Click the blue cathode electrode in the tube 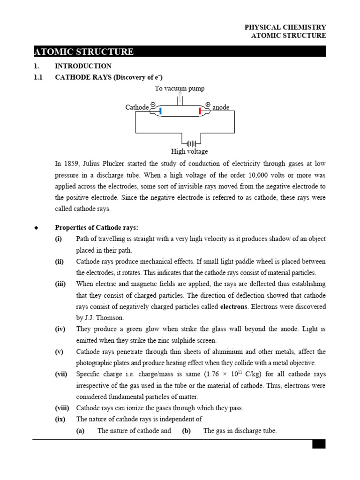pyautogui.click(x=160, y=111)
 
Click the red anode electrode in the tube pyautogui.click(x=200, y=111)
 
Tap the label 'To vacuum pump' pyautogui.click(x=180, y=89)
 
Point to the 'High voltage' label pyautogui.click(x=189, y=151)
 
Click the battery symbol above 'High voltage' pyautogui.click(x=191, y=141)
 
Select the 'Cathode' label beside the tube pyautogui.click(x=137, y=107)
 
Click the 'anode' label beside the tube pyautogui.click(x=221, y=107)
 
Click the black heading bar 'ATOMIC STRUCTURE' pyautogui.click(x=180, y=52)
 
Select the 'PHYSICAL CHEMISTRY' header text pyautogui.click(x=285, y=28)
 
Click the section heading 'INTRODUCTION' pyautogui.click(x=83, y=66)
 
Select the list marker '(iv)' pyautogui.click(x=60, y=329)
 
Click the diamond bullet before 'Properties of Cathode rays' pyautogui.click(x=36, y=228)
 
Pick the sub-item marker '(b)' pyautogui.click(x=186, y=431)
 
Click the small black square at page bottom pyautogui.click(x=319, y=444)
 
